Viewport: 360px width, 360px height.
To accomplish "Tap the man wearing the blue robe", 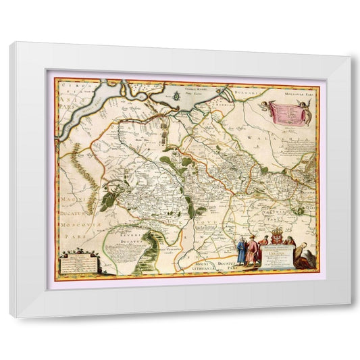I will pyautogui.click(x=252, y=253).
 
